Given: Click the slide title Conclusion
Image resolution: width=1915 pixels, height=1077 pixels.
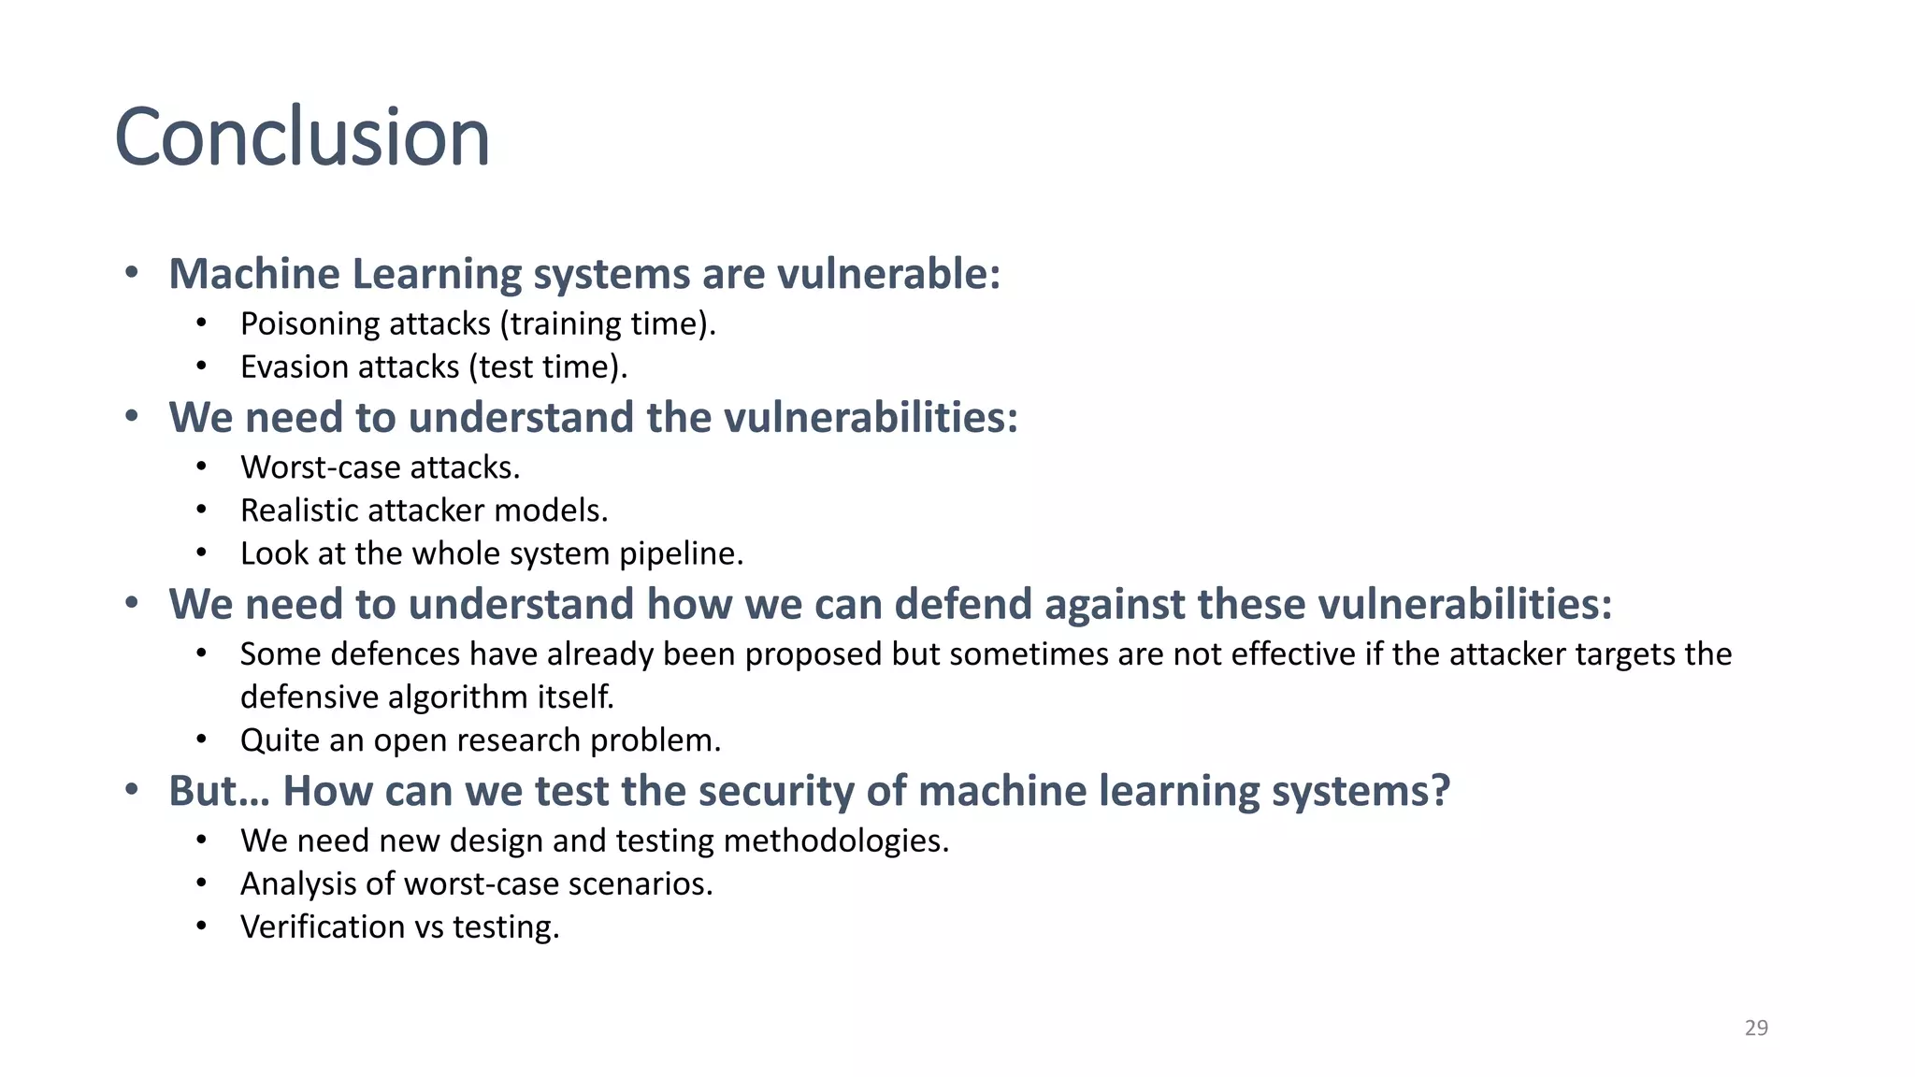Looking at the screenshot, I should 302,137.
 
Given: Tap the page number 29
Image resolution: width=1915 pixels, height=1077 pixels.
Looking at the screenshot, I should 1756,1027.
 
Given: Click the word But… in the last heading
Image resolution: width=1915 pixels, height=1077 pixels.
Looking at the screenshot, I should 219,791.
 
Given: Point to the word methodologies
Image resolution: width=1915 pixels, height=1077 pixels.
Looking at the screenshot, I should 836,840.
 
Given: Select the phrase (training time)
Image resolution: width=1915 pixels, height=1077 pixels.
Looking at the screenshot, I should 608,323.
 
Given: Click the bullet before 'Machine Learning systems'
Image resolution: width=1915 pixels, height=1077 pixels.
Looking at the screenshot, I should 132,273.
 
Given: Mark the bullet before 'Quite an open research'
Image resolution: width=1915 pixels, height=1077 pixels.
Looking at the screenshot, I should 201,740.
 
